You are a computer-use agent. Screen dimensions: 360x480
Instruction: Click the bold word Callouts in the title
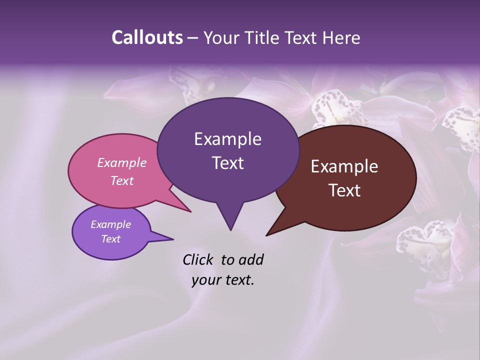(147, 37)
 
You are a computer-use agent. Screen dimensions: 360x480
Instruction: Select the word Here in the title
(341, 37)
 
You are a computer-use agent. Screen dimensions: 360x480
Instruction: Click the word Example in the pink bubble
(122, 162)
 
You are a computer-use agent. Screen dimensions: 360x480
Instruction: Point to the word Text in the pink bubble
(122, 180)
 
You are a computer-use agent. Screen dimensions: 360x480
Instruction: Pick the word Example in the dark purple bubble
(227, 139)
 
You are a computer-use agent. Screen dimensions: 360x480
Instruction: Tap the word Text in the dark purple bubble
(227, 163)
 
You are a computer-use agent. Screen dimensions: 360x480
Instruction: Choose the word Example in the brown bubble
(344, 166)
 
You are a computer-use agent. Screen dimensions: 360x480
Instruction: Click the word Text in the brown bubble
(344, 190)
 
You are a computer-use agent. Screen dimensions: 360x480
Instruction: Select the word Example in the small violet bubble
(111, 224)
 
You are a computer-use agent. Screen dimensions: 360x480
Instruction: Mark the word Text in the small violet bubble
(111, 239)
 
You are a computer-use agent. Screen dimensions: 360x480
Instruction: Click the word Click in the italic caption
(198, 259)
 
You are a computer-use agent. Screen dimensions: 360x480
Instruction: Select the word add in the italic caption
(251, 259)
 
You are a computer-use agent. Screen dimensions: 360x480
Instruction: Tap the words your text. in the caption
(223, 280)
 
